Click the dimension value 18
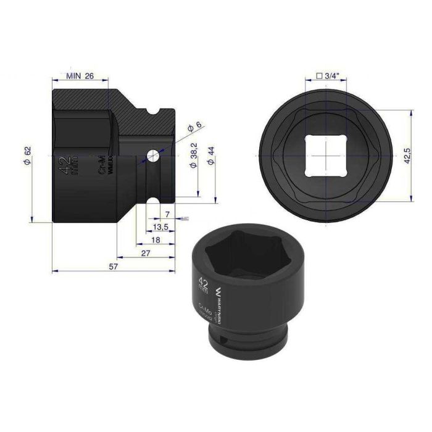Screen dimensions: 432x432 pyautogui.click(x=157, y=239)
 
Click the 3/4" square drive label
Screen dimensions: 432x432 pyautogui.click(x=327, y=76)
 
